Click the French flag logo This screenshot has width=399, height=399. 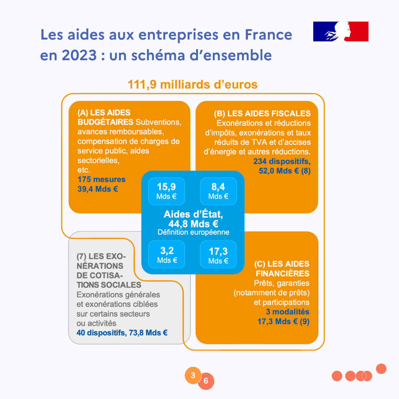click(x=341, y=31)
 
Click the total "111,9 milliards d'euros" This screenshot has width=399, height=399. click(x=192, y=84)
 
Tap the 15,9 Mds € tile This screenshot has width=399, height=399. click(x=166, y=191)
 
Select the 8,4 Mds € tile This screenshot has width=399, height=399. click(x=218, y=191)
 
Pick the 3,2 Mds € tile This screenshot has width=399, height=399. click(x=167, y=255)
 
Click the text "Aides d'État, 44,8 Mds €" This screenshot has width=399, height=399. click(x=193, y=219)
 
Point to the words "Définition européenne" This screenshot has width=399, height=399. click(x=193, y=232)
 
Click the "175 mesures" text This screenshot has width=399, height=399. click(x=102, y=180)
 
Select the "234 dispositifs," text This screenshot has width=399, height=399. click(x=282, y=161)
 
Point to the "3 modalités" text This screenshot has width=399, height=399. click(x=287, y=312)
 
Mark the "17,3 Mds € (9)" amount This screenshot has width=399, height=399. click(x=283, y=321)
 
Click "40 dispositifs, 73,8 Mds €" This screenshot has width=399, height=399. click(x=122, y=333)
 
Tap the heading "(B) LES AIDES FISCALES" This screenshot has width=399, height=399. click(x=262, y=113)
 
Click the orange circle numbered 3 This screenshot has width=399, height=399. click(x=192, y=375)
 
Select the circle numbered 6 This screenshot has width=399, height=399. click(x=206, y=381)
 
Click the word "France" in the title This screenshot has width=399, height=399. click(x=268, y=35)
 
